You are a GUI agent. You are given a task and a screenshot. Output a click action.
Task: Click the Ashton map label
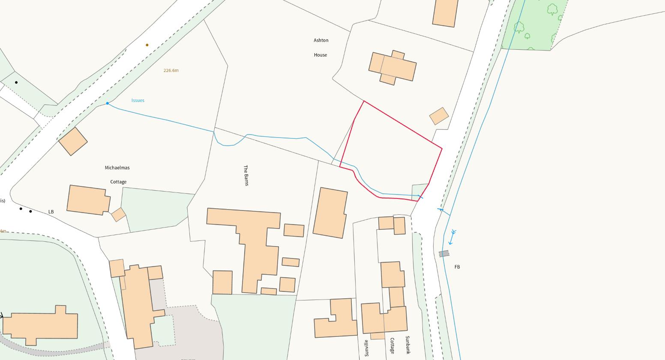(321, 40)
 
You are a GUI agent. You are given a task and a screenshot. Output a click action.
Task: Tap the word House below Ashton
(321, 55)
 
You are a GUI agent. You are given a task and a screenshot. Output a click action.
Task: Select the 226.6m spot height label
(171, 70)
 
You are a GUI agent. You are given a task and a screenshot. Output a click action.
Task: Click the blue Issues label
(138, 100)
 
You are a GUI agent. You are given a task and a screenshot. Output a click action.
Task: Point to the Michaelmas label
(117, 168)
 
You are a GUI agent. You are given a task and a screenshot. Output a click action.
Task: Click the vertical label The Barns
(246, 175)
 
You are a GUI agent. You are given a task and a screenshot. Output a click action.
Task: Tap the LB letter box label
(51, 212)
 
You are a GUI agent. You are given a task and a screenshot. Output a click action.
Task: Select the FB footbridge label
(457, 267)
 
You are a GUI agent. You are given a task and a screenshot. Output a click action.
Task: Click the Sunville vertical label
(366, 348)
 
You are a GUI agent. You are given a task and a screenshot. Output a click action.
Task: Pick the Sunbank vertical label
(407, 345)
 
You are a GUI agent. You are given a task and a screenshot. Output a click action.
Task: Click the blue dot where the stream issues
(108, 103)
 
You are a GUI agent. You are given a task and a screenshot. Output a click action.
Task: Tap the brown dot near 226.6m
(147, 45)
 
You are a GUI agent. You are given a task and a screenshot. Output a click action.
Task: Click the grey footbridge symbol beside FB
(444, 254)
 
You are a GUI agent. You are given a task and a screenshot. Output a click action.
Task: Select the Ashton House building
(392, 67)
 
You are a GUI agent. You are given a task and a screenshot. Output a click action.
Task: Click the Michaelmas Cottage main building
(88, 200)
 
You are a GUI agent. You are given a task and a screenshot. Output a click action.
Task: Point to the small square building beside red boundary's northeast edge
(439, 116)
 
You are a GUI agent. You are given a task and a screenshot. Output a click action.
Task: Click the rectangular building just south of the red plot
(330, 213)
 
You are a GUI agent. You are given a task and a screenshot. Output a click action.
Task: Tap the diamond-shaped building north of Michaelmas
(73, 141)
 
